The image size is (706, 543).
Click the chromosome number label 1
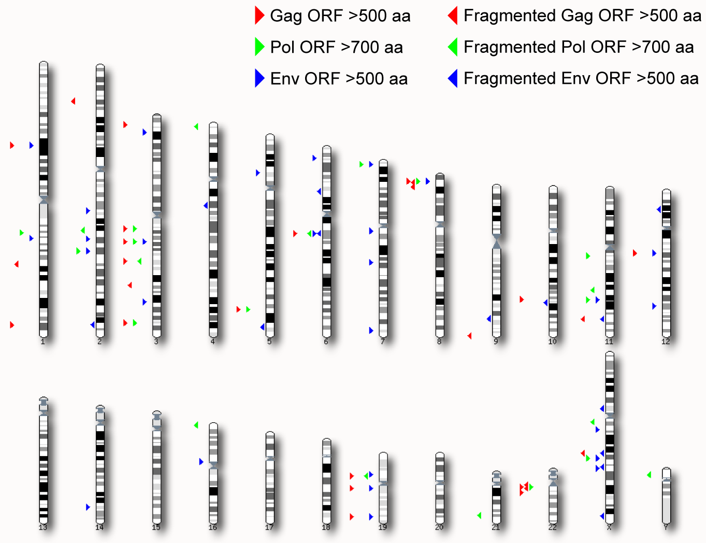(x=42, y=341)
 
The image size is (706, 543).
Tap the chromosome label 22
(x=552, y=527)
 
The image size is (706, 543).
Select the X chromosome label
(x=609, y=527)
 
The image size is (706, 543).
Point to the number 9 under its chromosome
(x=496, y=341)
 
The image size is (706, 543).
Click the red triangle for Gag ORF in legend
(x=260, y=15)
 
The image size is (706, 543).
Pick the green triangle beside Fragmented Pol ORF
(x=453, y=47)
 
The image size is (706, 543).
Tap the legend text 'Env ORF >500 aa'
(x=339, y=79)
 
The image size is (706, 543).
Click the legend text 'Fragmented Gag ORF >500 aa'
(x=582, y=16)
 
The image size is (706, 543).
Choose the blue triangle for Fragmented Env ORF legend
(x=453, y=78)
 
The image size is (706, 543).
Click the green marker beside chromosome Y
(x=649, y=475)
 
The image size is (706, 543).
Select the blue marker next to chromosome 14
(x=88, y=507)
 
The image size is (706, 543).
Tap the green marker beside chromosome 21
(x=479, y=516)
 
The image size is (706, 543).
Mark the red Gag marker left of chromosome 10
(x=522, y=299)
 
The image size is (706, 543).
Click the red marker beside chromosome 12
(x=635, y=253)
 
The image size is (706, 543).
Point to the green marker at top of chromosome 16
(x=196, y=425)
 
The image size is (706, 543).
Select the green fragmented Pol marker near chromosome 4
(x=196, y=126)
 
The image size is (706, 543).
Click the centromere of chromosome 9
(x=496, y=241)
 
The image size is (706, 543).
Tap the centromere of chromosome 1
(x=44, y=199)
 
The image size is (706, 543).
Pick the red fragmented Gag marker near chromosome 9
(x=469, y=336)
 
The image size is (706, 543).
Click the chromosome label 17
(x=269, y=527)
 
